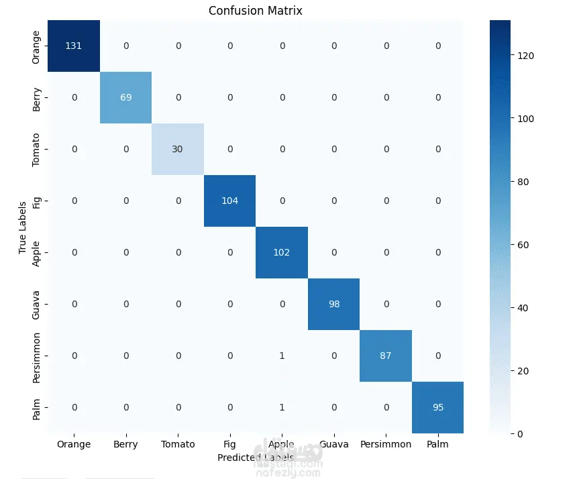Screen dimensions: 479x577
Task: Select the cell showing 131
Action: (x=74, y=46)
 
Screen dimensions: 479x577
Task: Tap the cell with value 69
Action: (x=126, y=97)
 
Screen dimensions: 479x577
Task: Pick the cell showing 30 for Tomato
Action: (x=178, y=149)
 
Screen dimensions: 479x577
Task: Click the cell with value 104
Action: (x=230, y=201)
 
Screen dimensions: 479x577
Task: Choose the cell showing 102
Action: (x=282, y=252)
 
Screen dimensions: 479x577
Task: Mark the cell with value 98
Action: (x=334, y=304)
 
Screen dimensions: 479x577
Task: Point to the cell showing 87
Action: (x=386, y=356)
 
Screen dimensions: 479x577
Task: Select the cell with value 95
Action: (x=437, y=407)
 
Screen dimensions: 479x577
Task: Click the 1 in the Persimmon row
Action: (x=282, y=356)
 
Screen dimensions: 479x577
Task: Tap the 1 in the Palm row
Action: (x=282, y=407)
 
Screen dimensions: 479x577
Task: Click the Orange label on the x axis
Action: (x=74, y=444)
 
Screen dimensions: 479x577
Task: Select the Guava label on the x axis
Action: (x=334, y=444)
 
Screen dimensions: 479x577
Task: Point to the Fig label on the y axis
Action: (x=37, y=201)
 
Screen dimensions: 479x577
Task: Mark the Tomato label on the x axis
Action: (x=178, y=444)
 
